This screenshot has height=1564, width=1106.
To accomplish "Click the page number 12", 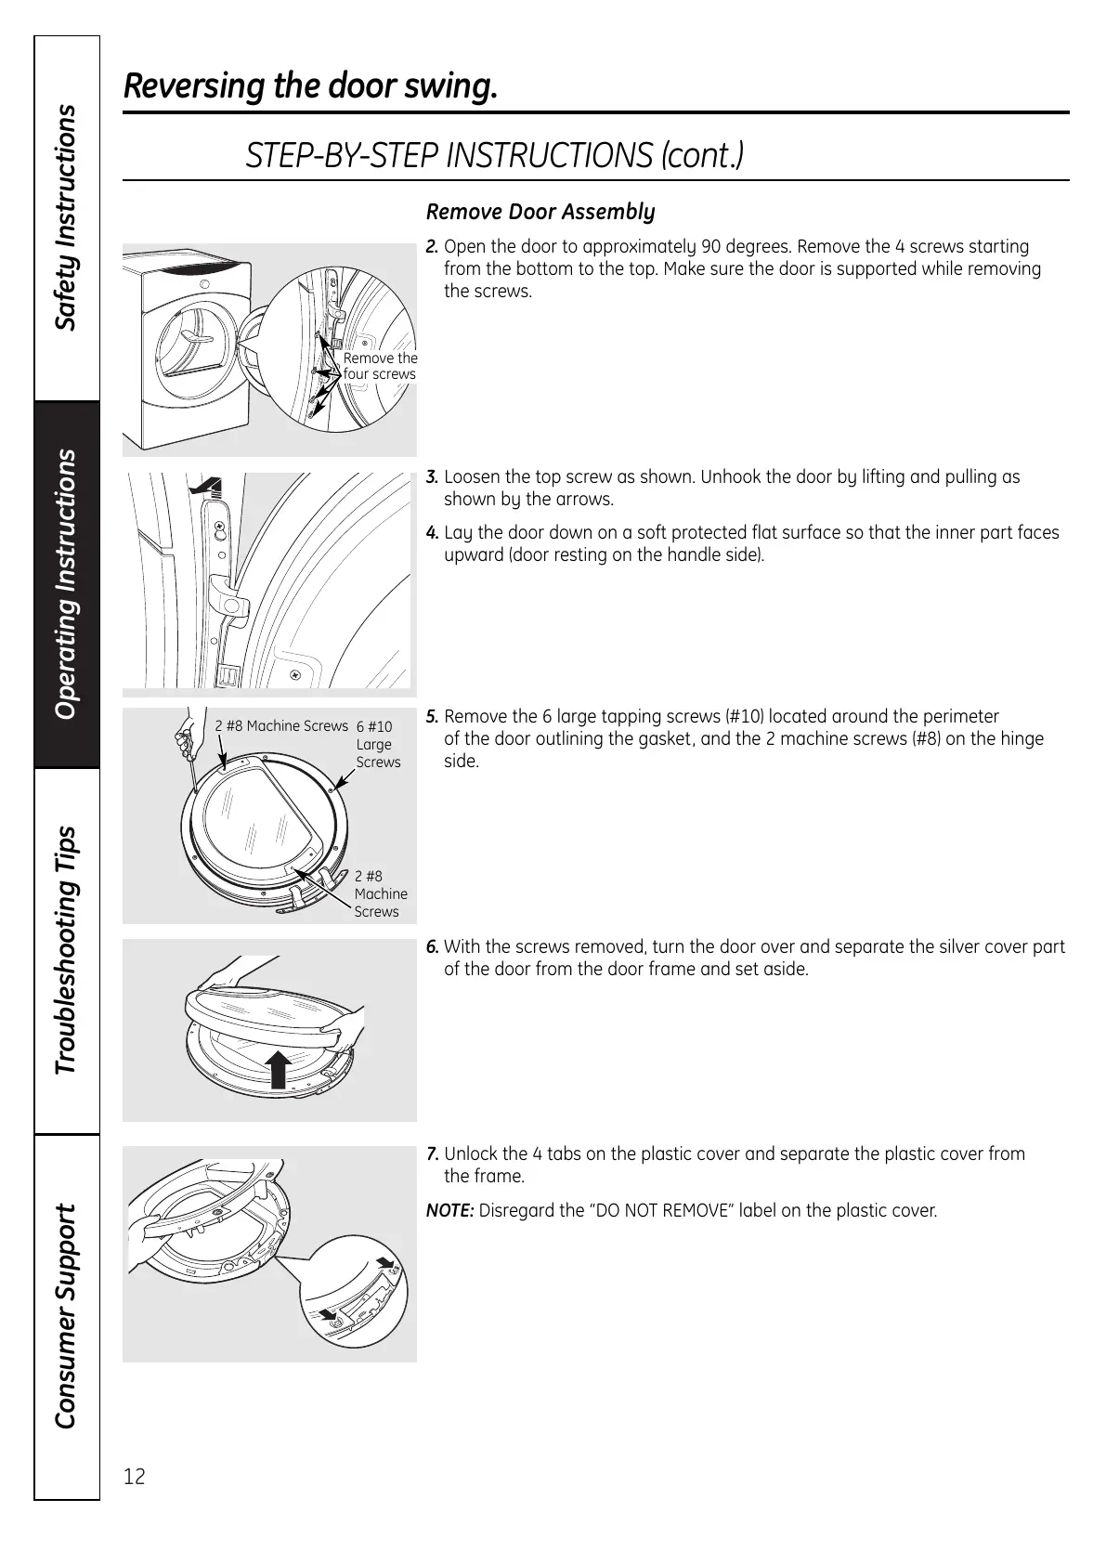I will pyautogui.click(x=134, y=1477).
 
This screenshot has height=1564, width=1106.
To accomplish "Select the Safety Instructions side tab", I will pyautogui.click(x=66, y=217).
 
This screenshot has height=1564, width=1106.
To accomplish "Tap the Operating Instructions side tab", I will pyautogui.click(x=66, y=584).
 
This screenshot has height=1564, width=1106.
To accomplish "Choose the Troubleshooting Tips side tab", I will pyautogui.click(x=66, y=950).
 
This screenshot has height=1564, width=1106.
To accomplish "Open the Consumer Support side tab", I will pyautogui.click(x=66, y=1316).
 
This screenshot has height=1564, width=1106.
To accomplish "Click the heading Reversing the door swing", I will pyautogui.click(x=311, y=86).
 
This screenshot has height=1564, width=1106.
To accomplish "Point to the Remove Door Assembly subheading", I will pyautogui.click(x=540, y=212).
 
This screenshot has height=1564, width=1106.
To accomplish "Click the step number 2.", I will pyautogui.click(x=432, y=247).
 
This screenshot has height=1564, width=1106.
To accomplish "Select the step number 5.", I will pyautogui.click(x=432, y=717).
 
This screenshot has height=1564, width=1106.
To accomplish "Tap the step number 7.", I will pyautogui.click(x=432, y=1154).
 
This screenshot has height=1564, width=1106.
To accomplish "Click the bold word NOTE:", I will pyautogui.click(x=450, y=1211).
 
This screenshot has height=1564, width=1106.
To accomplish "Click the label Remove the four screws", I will pyautogui.click(x=380, y=366).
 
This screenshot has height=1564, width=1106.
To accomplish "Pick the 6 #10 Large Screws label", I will pyautogui.click(x=378, y=744).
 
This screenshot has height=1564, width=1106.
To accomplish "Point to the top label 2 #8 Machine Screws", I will pyautogui.click(x=281, y=726).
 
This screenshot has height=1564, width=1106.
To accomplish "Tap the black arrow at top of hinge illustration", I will pyautogui.click(x=205, y=486).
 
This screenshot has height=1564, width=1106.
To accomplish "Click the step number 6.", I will pyautogui.click(x=432, y=947).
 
